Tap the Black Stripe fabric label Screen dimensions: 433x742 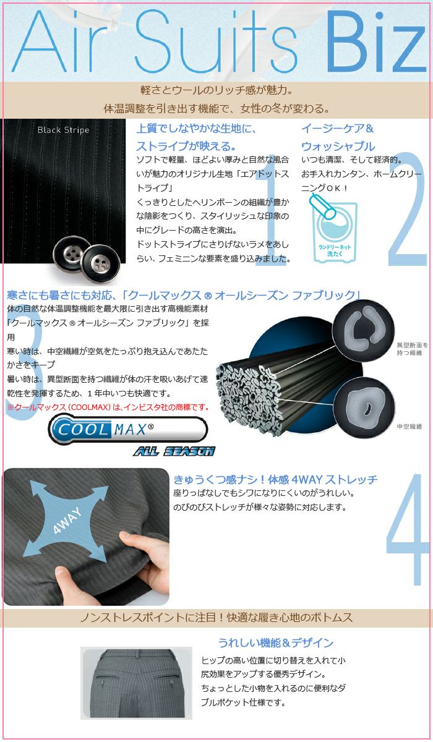63,130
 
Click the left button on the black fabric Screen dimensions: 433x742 72,254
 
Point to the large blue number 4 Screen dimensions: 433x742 408,530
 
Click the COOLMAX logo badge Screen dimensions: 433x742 128,429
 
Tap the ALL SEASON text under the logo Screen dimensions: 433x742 174,451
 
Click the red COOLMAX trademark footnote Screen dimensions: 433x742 108,407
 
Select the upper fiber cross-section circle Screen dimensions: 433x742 364,330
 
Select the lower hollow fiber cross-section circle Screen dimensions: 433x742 364,407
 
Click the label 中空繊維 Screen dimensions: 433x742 409,427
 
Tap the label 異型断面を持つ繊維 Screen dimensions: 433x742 412,349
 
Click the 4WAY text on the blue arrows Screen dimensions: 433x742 67,520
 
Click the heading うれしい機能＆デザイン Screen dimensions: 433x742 276,642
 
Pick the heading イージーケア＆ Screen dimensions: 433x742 338,129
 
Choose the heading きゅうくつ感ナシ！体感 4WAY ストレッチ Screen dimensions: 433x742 275,479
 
